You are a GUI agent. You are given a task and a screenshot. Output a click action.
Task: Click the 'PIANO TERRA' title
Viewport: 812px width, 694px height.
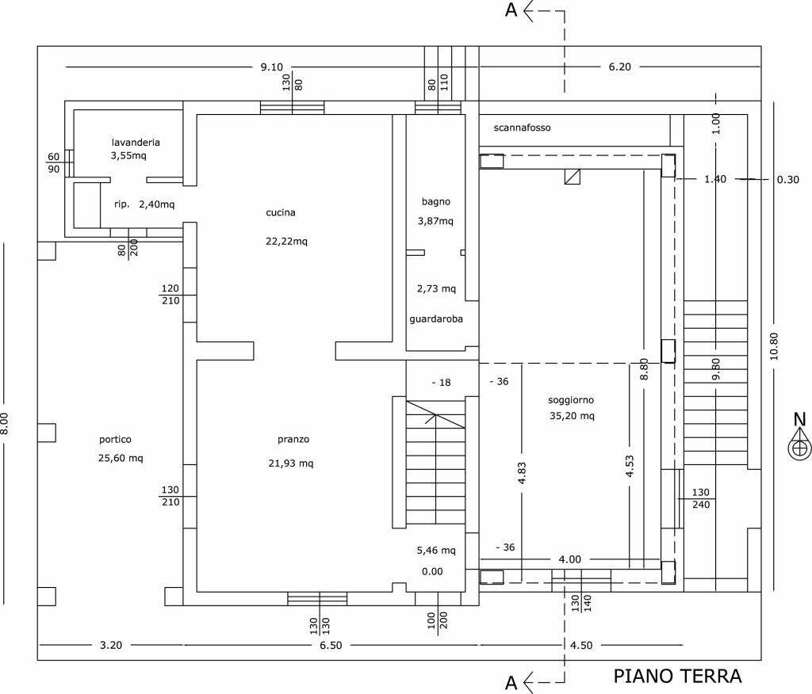tap(677, 676)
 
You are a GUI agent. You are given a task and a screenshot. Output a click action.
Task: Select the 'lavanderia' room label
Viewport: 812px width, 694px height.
tap(136, 143)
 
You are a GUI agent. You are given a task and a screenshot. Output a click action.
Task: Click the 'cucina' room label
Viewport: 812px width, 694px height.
tap(281, 212)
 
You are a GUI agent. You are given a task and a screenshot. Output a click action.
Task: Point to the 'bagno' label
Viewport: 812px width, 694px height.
tap(435, 201)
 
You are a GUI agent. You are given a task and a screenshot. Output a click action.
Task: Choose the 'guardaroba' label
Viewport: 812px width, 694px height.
tap(436, 318)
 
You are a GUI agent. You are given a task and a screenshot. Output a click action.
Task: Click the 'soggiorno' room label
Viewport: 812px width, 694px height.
tap(571, 400)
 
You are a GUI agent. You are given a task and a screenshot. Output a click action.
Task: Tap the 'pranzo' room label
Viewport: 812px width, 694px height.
tap(293, 440)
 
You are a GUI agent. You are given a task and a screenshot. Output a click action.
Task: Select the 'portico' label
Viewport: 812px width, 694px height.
tap(116, 440)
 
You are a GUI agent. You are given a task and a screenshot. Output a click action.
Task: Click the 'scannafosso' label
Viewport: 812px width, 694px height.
tap(522, 128)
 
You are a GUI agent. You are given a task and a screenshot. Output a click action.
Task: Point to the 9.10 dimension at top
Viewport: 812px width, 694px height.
tap(271, 67)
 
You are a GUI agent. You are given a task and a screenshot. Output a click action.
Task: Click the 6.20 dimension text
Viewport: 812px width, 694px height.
tap(620, 67)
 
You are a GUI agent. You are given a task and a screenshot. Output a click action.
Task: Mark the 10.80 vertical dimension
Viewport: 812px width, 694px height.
tap(774, 346)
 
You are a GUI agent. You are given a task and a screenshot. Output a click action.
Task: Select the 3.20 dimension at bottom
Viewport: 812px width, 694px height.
tap(111, 645)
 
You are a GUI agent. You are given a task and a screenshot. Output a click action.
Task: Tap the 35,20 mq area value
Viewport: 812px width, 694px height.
tap(573, 416)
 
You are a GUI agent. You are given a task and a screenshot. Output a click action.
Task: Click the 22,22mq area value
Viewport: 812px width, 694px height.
tap(286, 241)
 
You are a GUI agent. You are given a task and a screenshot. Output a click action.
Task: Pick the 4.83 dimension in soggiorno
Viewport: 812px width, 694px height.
tap(522, 473)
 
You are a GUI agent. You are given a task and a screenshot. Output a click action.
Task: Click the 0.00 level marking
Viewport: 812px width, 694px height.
tap(432, 571)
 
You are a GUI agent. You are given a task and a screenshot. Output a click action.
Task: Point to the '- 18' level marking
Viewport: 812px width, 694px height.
tap(441, 383)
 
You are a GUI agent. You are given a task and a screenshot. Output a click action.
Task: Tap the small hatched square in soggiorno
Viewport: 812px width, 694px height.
tap(573, 177)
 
